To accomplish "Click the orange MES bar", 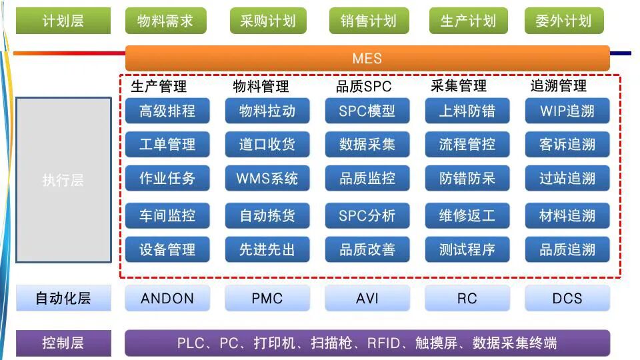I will point(367,58).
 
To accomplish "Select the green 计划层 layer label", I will point(63,21).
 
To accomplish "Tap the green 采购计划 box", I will point(267,21).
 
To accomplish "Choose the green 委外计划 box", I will point(563,21).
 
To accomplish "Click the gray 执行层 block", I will point(63,180).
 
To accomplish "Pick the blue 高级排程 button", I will point(167,111).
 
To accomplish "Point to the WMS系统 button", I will point(267,179).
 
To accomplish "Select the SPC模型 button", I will point(367,111).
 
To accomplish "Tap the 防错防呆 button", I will point(467,179).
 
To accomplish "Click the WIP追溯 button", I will point(567,111).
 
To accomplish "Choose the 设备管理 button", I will point(167,249).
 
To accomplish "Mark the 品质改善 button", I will point(367,249).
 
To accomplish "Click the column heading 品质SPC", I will point(364,86).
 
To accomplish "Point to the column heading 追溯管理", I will point(559,86).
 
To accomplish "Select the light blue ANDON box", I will point(167,298).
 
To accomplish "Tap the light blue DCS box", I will point(567,298).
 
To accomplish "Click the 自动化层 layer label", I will point(63,298).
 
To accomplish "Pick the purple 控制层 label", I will point(63,343).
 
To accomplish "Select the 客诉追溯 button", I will point(567,144).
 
